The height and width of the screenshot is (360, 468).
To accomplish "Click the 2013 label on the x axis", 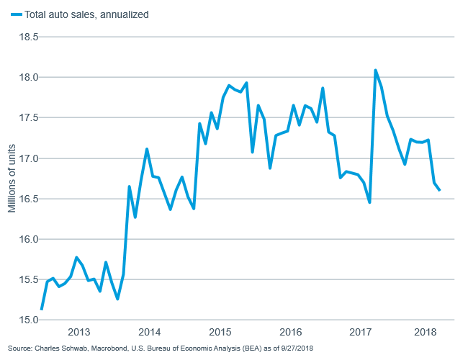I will point(78,333).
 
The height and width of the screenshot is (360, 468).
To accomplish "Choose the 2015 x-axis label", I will point(220,333).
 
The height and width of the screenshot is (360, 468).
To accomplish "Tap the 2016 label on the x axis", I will point(290,333).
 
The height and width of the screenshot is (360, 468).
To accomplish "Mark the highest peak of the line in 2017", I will point(376,71).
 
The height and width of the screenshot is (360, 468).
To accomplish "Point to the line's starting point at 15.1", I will point(42,309).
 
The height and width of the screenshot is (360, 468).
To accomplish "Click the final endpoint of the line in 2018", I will point(440,190).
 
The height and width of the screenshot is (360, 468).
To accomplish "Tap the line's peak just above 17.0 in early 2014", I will point(147,149).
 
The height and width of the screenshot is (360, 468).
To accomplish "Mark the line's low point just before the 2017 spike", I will point(369,202).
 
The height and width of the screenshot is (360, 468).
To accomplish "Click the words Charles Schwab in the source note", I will point(59,349).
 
